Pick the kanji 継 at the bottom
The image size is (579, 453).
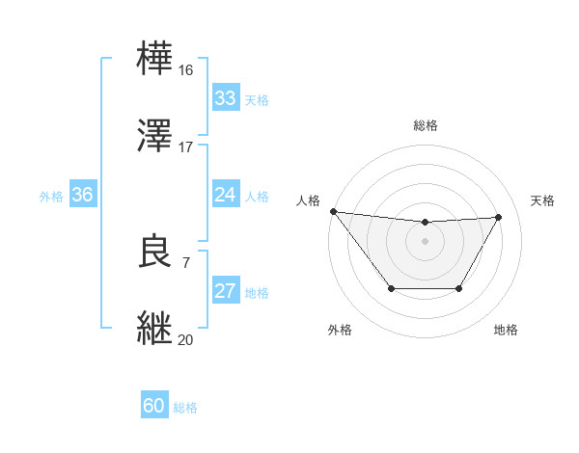[x=156, y=328]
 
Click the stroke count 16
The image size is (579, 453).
[x=186, y=70]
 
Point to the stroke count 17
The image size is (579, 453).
[x=186, y=147]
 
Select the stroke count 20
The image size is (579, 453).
[x=186, y=339]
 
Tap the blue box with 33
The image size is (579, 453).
[x=226, y=98]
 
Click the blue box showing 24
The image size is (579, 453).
[x=226, y=195]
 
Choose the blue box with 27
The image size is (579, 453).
[x=226, y=291]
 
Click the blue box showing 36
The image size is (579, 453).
[x=83, y=195]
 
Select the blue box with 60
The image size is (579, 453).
[x=154, y=406]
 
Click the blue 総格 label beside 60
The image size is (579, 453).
[x=185, y=408]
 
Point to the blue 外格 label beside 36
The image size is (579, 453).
[x=51, y=197]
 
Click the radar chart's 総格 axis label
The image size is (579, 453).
[x=426, y=125]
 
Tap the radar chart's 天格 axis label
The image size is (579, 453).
[x=543, y=200]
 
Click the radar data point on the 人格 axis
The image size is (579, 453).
[x=333, y=211]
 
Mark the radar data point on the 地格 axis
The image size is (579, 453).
[x=459, y=288]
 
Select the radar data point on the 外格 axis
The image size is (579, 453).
[x=391, y=288]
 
